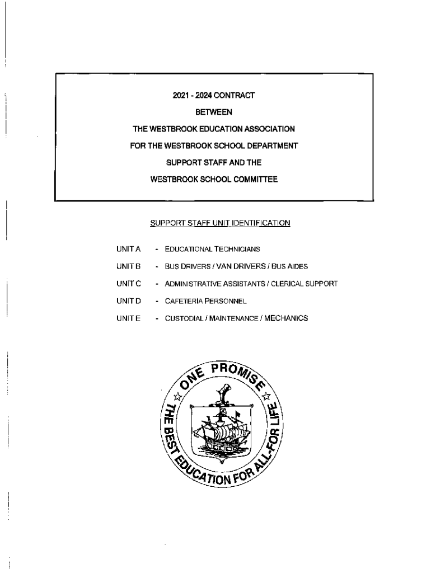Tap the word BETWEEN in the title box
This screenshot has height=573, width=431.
(213, 112)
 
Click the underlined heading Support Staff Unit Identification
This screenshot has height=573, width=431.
(220, 223)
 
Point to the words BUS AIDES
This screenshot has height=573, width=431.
(291, 266)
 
